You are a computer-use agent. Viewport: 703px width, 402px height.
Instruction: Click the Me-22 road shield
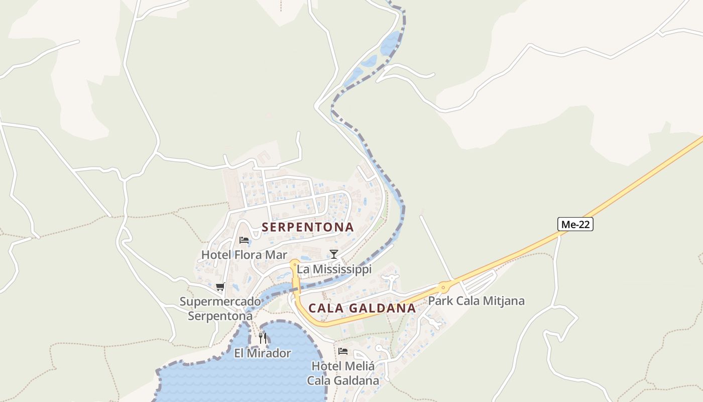[575, 225]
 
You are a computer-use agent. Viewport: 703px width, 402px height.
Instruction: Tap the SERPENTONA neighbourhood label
[308, 227]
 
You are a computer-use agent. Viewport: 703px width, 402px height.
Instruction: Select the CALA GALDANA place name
[362, 308]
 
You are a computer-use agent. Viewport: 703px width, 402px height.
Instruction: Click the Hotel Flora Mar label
[244, 255]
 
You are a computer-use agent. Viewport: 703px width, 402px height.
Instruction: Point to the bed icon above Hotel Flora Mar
[244, 240]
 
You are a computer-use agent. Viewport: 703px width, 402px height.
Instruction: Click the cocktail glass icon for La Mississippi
[333, 254]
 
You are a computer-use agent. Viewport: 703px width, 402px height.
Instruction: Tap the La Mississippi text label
[334, 269]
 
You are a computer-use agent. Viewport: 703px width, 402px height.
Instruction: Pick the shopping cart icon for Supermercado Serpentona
[220, 287]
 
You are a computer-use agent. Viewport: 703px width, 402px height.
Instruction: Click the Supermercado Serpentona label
[220, 309]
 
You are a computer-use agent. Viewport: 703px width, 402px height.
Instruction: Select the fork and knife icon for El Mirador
[263, 338]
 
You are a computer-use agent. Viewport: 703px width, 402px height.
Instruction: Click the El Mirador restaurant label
[262, 353]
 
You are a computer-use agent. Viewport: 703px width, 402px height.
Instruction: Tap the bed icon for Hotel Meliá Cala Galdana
[343, 351]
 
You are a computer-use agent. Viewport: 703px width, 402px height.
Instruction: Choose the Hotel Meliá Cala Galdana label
[343, 373]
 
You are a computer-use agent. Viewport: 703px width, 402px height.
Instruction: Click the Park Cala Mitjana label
[476, 301]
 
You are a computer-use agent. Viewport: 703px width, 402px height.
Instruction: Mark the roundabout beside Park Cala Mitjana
[443, 287]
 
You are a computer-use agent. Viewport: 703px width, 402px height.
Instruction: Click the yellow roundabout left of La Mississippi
[294, 263]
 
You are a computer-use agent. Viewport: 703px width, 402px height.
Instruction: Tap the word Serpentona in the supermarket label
[220, 316]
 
